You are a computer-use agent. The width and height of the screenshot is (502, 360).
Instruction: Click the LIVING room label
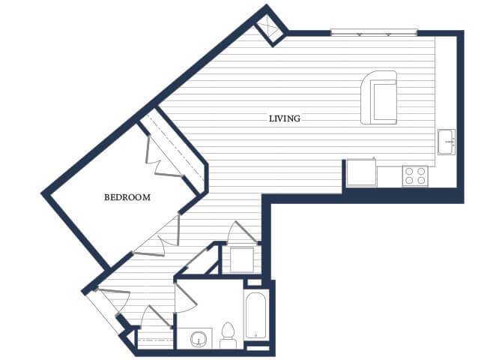click(x=285, y=118)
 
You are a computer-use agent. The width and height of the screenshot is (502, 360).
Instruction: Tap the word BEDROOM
click(x=127, y=197)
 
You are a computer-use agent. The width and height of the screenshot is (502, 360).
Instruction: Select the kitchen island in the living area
click(x=379, y=97)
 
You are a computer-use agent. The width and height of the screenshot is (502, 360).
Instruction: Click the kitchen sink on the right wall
click(x=447, y=142)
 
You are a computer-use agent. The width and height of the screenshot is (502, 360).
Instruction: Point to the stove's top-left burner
click(x=409, y=172)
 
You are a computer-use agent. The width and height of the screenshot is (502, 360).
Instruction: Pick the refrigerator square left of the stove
click(x=361, y=172)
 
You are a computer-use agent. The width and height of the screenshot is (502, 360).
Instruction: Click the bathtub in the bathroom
click(x=255, y=316)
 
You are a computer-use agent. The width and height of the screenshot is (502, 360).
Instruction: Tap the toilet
click(x=228, y=335)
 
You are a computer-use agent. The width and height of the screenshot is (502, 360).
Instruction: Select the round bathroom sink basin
click(x=198, y=339)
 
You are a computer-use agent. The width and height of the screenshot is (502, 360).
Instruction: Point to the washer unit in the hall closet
click(x=242, y=259)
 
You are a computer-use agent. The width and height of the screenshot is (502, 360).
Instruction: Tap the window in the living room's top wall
click(x=374, y=32)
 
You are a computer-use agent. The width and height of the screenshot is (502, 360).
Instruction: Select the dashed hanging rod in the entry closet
click(x=154, y=340)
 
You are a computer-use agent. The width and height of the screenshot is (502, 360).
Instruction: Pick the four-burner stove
click(x=415, y=176)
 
